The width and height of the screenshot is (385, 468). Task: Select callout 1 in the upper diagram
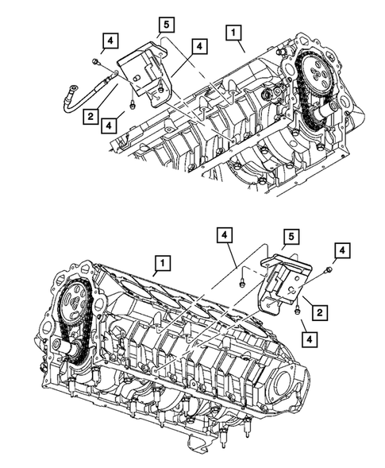[x=233, y=33]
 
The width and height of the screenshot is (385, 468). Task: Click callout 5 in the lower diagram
[x=292, y=237]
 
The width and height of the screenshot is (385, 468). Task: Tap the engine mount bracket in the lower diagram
[x=282, y=282]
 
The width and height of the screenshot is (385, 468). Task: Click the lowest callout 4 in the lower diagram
[x=309, y=339]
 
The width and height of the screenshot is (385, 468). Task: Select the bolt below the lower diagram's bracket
[x=296, y=312]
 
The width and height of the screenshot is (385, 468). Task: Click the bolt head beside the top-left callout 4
[x=96, y=61]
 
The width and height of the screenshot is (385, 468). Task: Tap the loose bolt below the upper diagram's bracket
[x=133, y=101]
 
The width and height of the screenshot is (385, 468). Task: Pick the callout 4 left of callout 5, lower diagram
[x=225, y=235]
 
